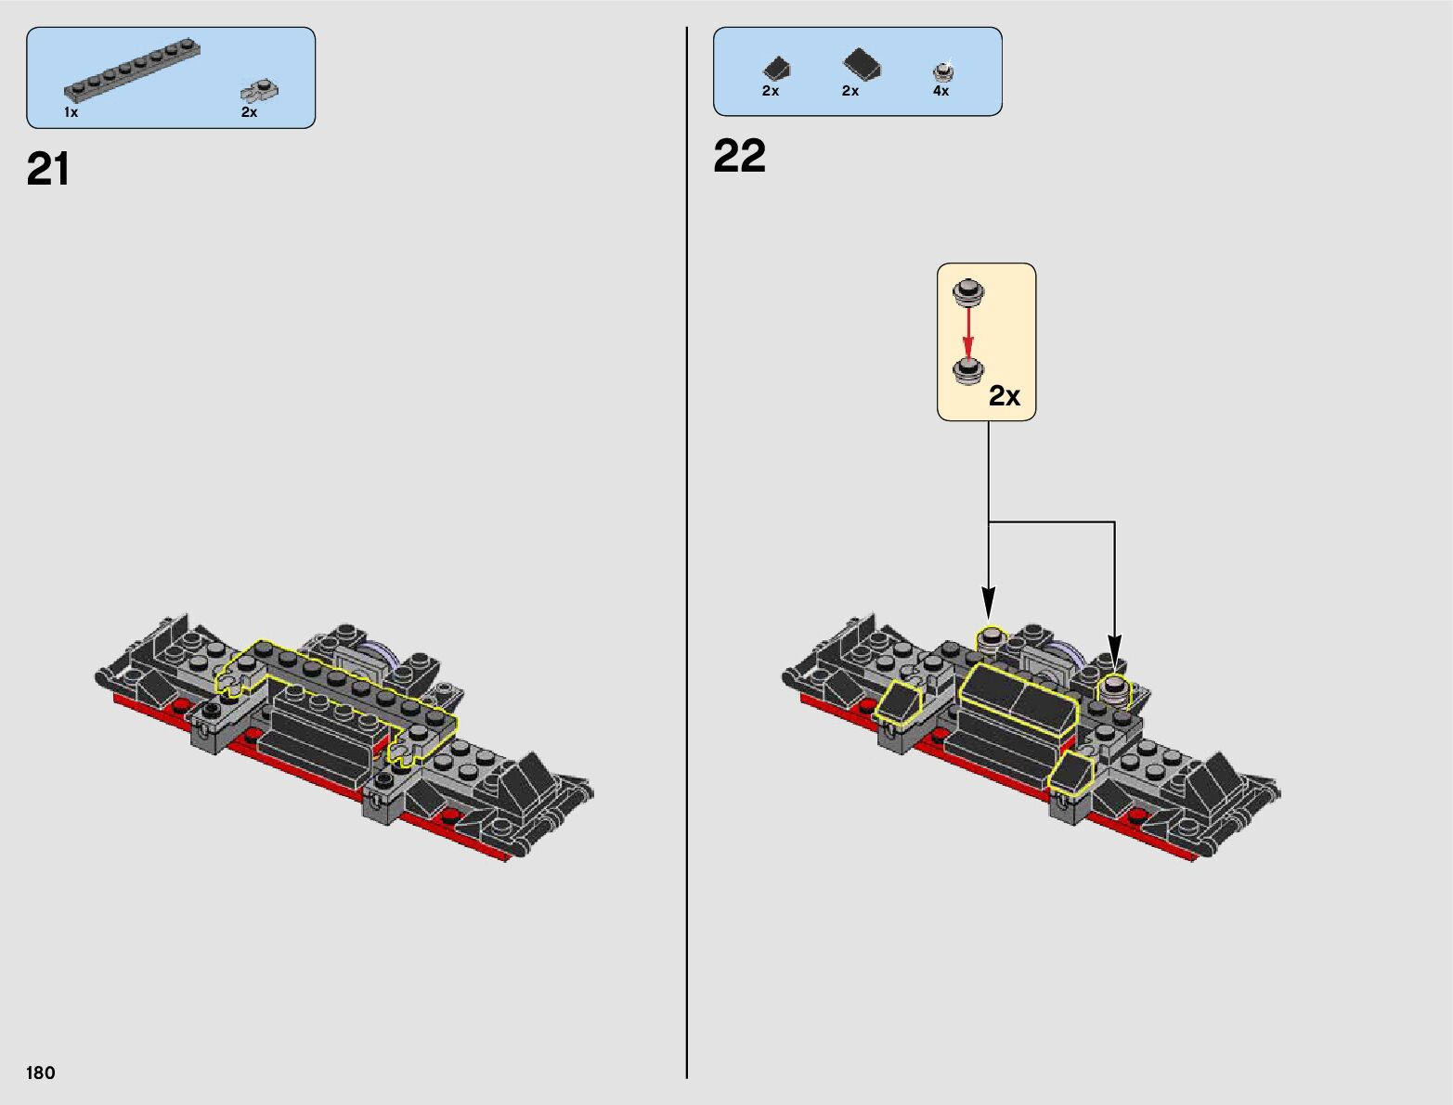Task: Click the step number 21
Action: pyautogui.click(x=48, y=170)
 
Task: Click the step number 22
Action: pyautogui.click(x=739, y=156)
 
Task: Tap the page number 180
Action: pyautogui.click(x=41, y=1073)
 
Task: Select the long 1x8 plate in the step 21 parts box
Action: pyautogui.click(x=133, y=70)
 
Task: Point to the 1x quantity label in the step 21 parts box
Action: pyautogui.click(x=71, y=112)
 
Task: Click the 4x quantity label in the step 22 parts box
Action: pyautogui.click(x=941, y=91)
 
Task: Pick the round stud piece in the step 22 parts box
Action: pyautogui.click(x=943, y=71)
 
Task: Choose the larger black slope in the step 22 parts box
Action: pyautogui.click(x=862, y=64)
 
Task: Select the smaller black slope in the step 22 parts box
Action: pyautogui.click(x=776, y=68)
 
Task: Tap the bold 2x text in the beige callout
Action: pyautogui.click(x=1004, y=396)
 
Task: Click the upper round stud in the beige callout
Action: pyautogui.click(x=968, y=292)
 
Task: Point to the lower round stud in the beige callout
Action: pyautogui.click(x=968, y=371)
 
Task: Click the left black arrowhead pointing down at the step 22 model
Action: pyautogui.click(x=989, y=602)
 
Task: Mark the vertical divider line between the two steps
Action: pyautogui.click(x=687, y=557)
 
